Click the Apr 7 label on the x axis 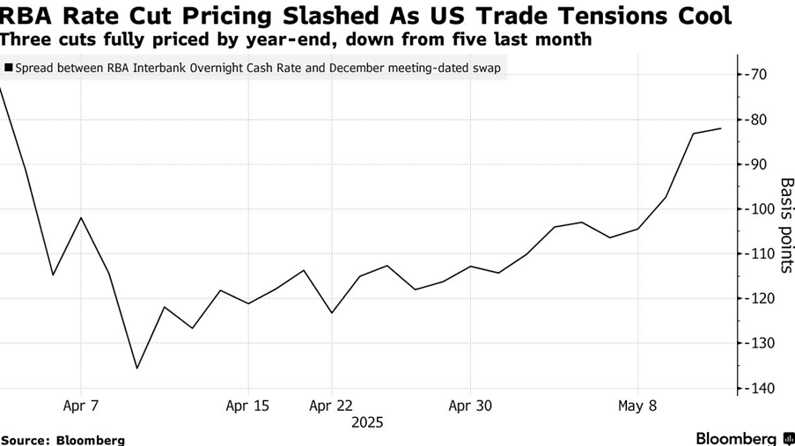(x=81, y=406)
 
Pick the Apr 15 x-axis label (x=247, y=406)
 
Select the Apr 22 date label (x=331, y=406)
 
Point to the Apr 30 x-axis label (x=470, y=406)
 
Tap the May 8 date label (x=637, y=406)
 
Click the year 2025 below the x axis (x=367, y=423)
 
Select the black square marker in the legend (x=9, y=67)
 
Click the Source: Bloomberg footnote (x=63, y=440)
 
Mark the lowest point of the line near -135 (x=136, y=368)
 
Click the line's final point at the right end (x=721, y=128)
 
